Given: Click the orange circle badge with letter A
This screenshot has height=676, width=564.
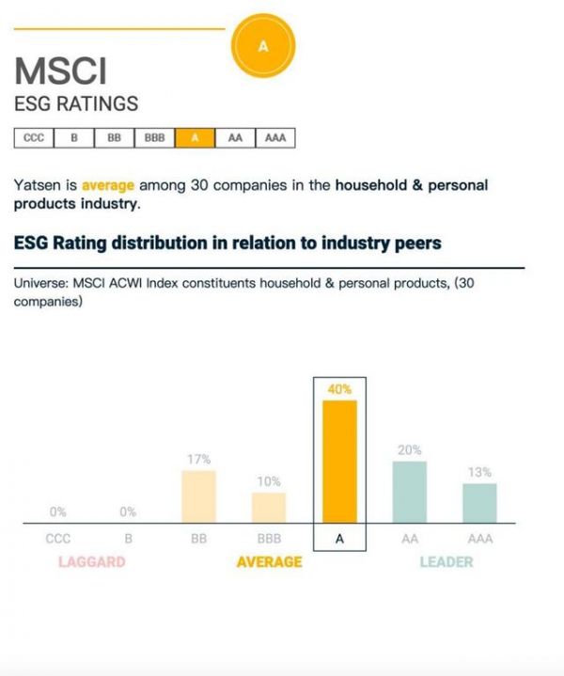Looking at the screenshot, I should point(262,46).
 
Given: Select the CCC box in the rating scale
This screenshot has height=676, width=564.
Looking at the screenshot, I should point(33,137).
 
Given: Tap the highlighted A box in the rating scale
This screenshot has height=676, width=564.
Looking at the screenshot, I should point(196,137).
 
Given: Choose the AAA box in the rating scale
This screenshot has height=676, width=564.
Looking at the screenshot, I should point(274,137).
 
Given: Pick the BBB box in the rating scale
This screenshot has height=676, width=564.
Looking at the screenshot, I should point(154,137).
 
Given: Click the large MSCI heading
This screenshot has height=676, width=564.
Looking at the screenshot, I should point(61,71).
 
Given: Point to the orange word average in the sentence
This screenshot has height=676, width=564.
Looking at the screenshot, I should point(108,185).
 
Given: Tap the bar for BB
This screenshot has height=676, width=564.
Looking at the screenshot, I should point(198,495).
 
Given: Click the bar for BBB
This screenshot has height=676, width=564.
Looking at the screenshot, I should point(269,507).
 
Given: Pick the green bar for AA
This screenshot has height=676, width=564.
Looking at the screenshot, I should point(410,491).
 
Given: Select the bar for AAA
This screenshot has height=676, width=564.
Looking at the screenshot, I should point(479,502).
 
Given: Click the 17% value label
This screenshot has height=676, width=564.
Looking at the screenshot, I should point(198,459).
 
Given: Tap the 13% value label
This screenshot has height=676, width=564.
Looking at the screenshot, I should point(479,472).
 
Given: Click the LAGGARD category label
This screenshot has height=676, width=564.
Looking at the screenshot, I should point(91,562).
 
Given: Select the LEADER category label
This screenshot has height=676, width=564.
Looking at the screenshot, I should point(446,562).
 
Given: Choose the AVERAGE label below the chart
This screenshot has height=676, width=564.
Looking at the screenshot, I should point(269,562).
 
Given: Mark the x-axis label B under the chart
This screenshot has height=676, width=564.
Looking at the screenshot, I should point(128,540).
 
